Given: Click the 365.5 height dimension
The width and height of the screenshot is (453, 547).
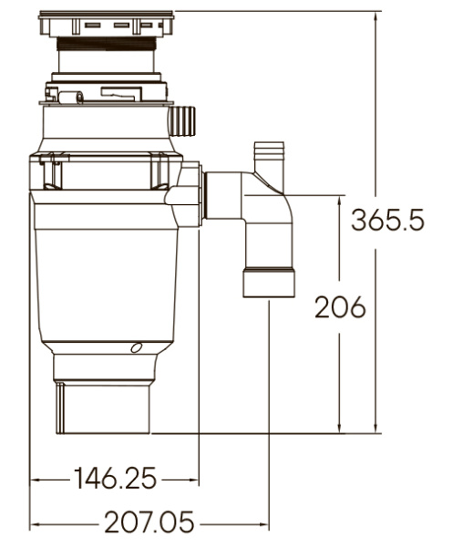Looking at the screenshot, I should pos(387,222).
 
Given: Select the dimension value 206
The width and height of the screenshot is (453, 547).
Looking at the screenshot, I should pos(339,307).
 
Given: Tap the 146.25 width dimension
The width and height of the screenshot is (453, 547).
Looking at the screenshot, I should pos(115,477).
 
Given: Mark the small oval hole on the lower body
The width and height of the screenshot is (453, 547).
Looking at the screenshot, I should pos(136,347).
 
